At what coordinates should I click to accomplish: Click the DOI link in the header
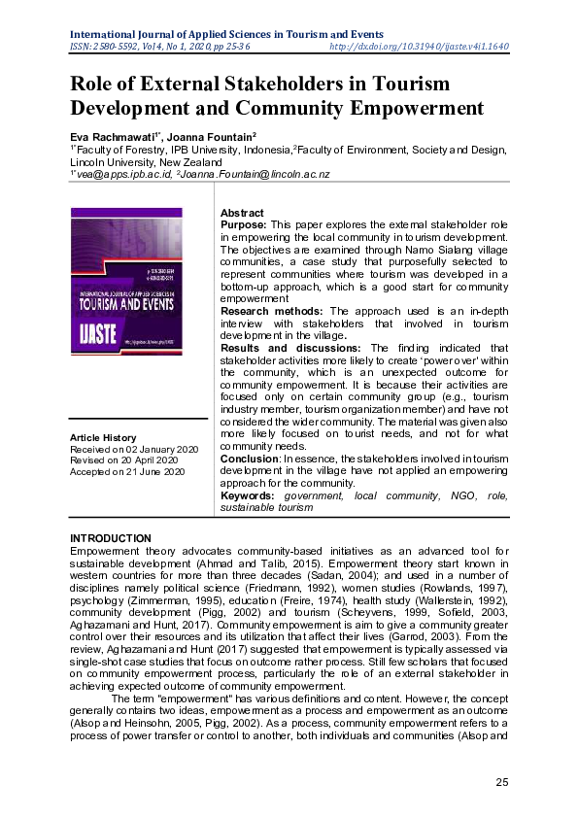click(x=420, y=46)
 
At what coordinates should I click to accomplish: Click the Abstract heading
click(x=242, y=213)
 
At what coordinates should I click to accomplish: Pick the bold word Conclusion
click(x=248, y=458)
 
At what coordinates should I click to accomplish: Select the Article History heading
click(x=103, y=438)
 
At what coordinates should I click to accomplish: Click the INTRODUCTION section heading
click(x=111, y=538)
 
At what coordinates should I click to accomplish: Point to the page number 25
click(x=502, y=783)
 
